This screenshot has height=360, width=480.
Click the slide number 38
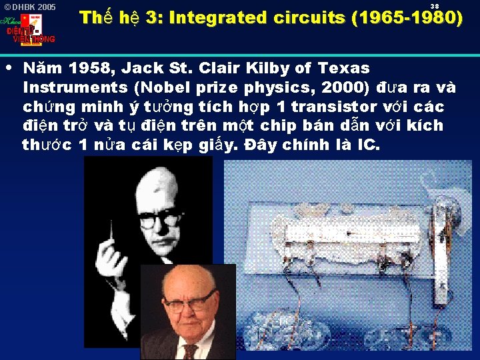click(x=434, y=6)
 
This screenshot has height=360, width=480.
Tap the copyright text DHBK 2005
click(x=31, y=7)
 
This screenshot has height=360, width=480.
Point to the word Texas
click(x=343, y=68)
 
